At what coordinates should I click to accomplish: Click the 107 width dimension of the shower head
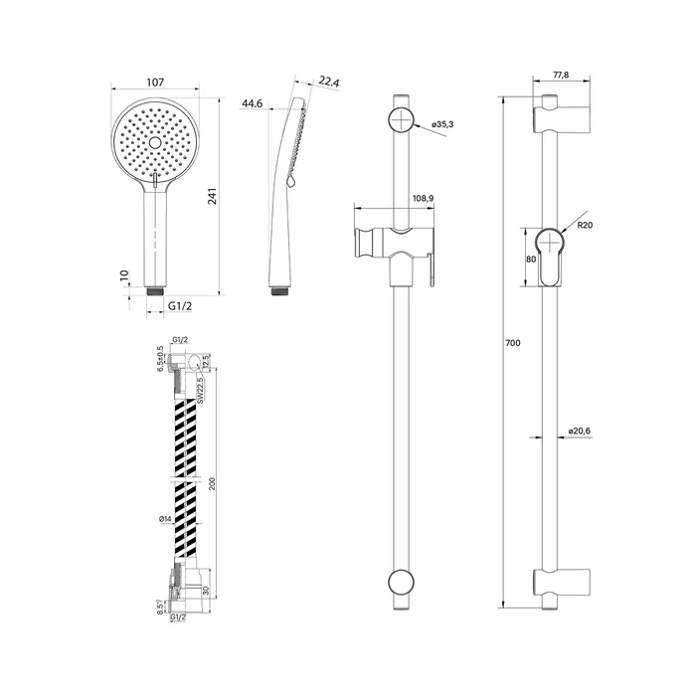[x=155, y=83]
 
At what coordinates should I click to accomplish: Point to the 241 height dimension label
[x=213, y=196]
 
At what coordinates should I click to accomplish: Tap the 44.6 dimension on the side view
[x=252, y=103]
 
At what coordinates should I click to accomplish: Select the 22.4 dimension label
[x=329, y=82]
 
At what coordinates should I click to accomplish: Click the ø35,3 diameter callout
[x=442, y=124]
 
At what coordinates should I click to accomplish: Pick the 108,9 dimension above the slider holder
[x=423, y=199]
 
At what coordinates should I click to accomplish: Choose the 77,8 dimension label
[x=561, y=75]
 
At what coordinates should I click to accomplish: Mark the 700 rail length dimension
[x=513, y=343]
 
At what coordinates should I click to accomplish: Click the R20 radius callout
[x=585, y=225]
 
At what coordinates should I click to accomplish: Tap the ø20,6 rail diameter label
[x=580, y=431]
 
